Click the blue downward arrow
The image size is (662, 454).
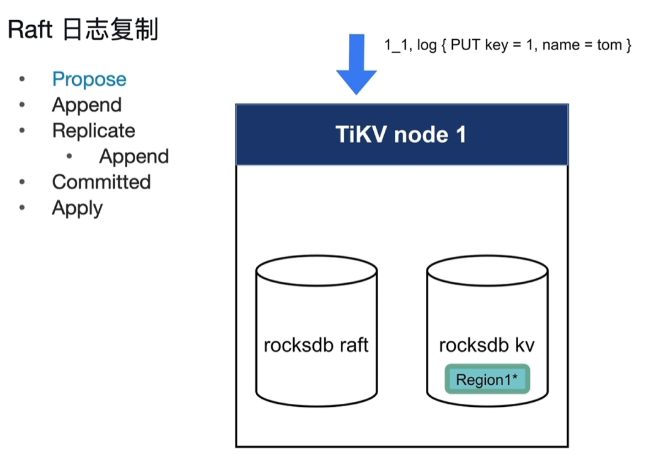(x=356, y=63)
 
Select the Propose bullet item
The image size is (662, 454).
(x=89, y=80)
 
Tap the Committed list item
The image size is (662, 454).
(x=102, y=182)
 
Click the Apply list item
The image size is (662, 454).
(x=77, y=208)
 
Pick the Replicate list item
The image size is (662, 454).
(x=94, y=131)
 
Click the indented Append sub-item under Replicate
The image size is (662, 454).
(x=134, y=157)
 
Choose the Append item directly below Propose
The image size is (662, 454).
(x=86, y=105)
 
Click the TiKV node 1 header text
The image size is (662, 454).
(x=401, y=134)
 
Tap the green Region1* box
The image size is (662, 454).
(x=487, y=379)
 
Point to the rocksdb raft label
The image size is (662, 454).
(x=316, y=345)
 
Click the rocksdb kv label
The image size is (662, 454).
(x=487, y=345)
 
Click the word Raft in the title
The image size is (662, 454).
(x=30, y=29)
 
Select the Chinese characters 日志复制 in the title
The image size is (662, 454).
(x=111, y=29)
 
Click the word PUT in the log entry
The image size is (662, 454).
(x=466, y=45)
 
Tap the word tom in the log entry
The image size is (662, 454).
(x=609, y=45)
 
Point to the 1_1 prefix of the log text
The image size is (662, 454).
(x=398, y=45)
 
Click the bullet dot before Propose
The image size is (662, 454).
(x=22, y=79)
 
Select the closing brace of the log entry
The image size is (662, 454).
(x=628, y=45)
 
